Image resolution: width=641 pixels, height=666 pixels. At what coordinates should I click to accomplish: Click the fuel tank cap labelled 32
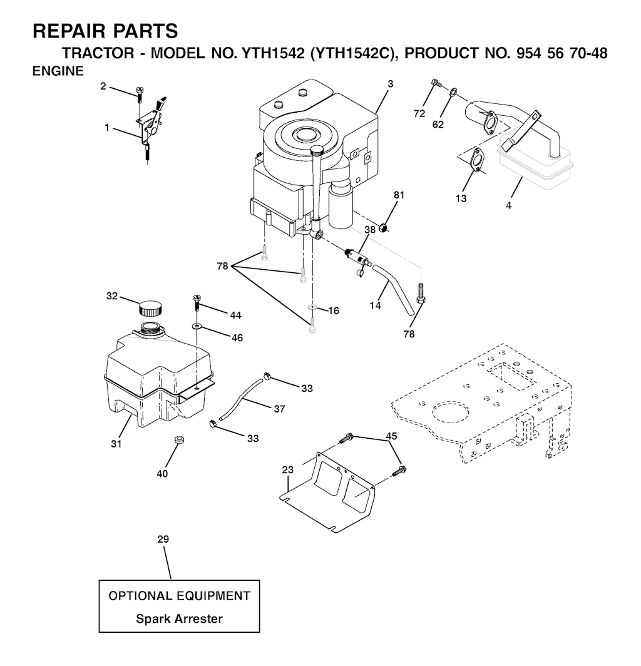150,308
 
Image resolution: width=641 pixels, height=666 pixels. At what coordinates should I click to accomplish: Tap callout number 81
399,195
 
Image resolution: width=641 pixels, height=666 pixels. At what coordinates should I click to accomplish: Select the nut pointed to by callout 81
384,228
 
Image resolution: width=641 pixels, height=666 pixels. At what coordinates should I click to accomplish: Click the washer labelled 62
454,91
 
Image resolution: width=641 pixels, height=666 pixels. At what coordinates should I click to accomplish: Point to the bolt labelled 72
435,83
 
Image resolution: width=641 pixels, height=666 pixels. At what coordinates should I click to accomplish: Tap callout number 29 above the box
163,539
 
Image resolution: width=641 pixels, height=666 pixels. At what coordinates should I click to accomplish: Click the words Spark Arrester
179,618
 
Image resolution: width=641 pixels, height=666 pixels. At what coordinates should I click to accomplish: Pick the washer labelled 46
197,325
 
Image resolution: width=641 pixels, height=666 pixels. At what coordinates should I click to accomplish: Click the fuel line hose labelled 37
240,401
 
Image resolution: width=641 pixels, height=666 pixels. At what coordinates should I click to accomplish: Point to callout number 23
287,469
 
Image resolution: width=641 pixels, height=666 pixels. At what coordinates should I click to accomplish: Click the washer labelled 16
312,307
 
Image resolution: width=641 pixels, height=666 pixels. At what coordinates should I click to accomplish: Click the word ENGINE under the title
58,71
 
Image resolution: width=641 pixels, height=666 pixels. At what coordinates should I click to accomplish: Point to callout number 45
391,436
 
